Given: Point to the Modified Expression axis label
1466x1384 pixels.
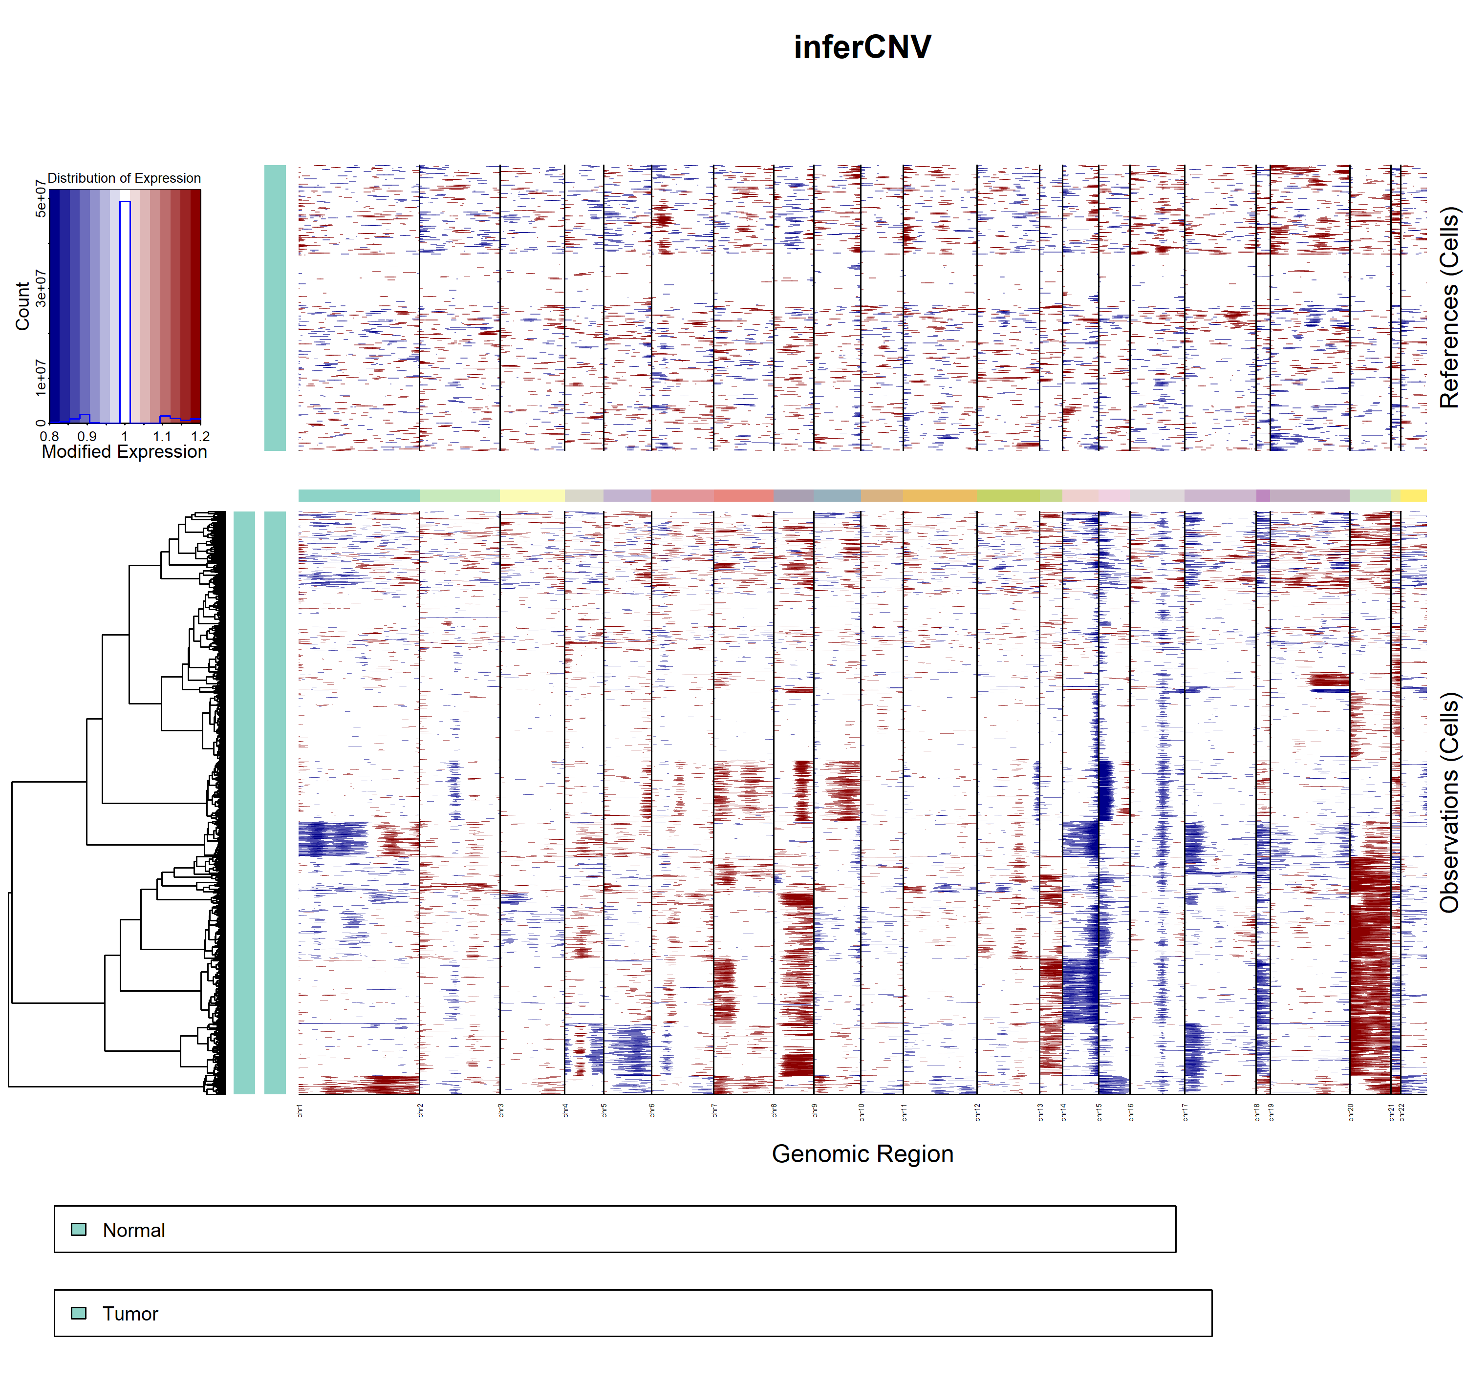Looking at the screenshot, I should (x=124, y=451).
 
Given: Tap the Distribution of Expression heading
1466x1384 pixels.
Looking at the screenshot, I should (x=124, y=178).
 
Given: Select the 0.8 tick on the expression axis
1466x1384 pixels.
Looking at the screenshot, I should (x=49, y=436).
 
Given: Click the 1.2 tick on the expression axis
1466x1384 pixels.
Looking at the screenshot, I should (x=200, y=436).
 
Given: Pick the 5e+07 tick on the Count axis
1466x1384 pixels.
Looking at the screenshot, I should (x=41, y=199).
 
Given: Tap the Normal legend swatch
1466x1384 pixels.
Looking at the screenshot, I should (x=78, y=1229).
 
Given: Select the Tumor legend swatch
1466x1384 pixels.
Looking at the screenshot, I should (x=78, y=1313).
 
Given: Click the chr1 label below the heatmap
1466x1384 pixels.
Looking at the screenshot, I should (x=300, y=1110).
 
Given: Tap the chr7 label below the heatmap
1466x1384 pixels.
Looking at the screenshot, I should (x=714, y=1110).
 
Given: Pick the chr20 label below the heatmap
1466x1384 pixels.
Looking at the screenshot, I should (x=1350, y=1112).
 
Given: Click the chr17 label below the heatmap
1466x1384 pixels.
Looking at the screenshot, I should (x=1185, y=1112).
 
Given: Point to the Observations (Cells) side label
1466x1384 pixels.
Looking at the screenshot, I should (x=1449, y=802).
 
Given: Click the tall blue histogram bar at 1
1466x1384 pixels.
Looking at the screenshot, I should (x=125, y=310).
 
